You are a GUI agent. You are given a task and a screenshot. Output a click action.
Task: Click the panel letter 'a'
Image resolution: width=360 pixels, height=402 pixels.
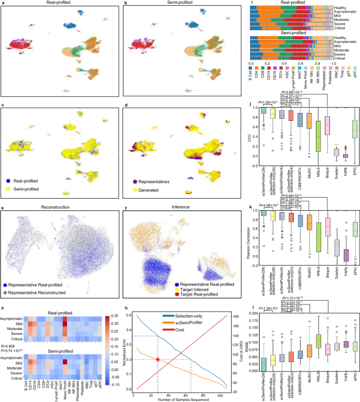pyautogui.click(x=3, y=3)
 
